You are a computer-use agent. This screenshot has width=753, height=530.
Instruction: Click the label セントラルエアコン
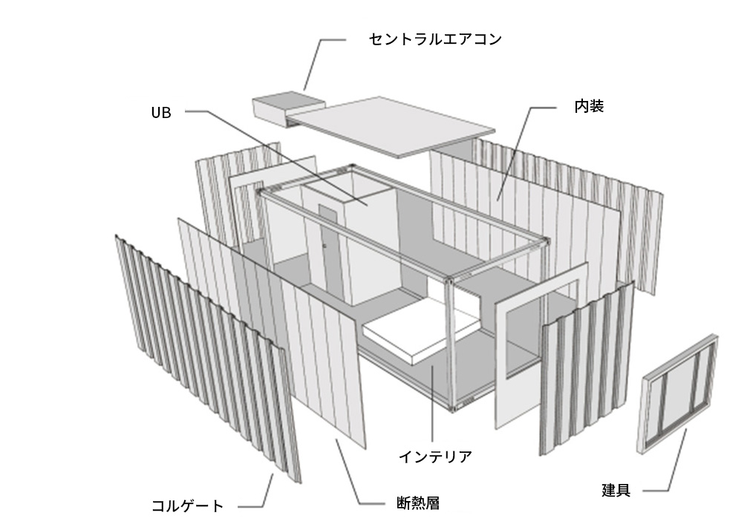point(435,39)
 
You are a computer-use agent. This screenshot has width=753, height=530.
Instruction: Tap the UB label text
point(161,113)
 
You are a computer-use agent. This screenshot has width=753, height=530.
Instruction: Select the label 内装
point(589,106)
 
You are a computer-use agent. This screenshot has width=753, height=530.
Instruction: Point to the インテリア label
point(435,457)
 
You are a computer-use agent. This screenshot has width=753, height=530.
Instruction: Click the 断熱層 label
point(418,503)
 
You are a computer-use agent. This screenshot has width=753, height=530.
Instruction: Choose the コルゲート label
point(187,506)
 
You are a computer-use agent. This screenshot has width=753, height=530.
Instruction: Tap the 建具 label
point(616,490)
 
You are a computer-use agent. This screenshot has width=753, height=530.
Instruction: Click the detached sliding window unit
point(678,393)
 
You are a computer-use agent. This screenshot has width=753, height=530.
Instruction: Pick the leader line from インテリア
point(432,403)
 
